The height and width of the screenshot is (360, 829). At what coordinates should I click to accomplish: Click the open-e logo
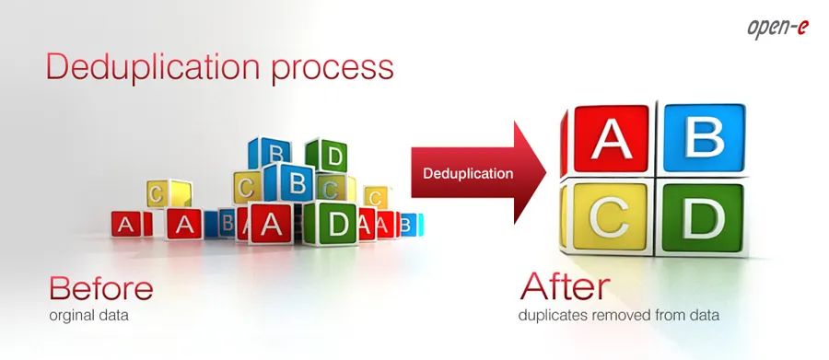pos(777,29)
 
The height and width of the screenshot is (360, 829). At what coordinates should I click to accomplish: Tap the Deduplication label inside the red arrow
pos(468,173)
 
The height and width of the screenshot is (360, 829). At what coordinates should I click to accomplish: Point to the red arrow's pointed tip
pos(546,173)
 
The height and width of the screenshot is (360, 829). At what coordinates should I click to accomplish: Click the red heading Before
pos(101,288)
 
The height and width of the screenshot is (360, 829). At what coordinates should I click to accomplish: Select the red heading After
pos(565,286)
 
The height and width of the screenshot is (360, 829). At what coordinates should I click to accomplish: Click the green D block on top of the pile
pos(328,155)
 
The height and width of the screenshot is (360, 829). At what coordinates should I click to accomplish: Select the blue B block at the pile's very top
pos(271,153)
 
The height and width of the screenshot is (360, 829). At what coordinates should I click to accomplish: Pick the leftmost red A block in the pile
pos(127,225)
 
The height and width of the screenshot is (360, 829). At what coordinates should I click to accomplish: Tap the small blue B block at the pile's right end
pos(409,225)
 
